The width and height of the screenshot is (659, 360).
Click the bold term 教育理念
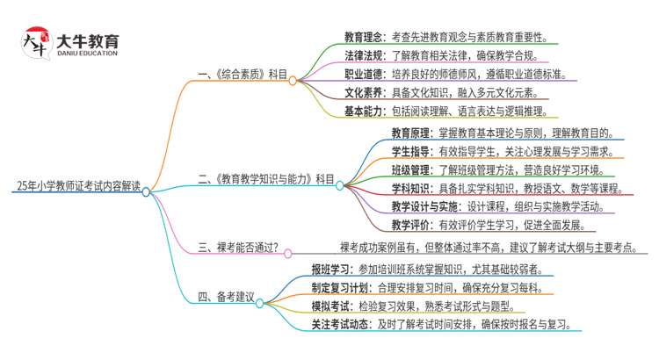pyautogui.click(x=362, y=37)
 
